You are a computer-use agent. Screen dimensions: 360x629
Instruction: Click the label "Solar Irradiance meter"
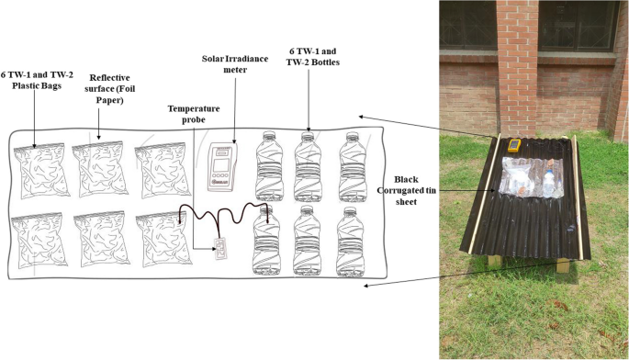[x=235, y=64]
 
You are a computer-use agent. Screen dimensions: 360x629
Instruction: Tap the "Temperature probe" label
[x=194, y=114]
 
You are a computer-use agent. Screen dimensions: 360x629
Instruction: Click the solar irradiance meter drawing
[x=223, y=166]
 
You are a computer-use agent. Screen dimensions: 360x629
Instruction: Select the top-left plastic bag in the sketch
[x=40, y=169]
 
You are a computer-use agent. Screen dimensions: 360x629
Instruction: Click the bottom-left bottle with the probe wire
[x=266, y=240]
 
